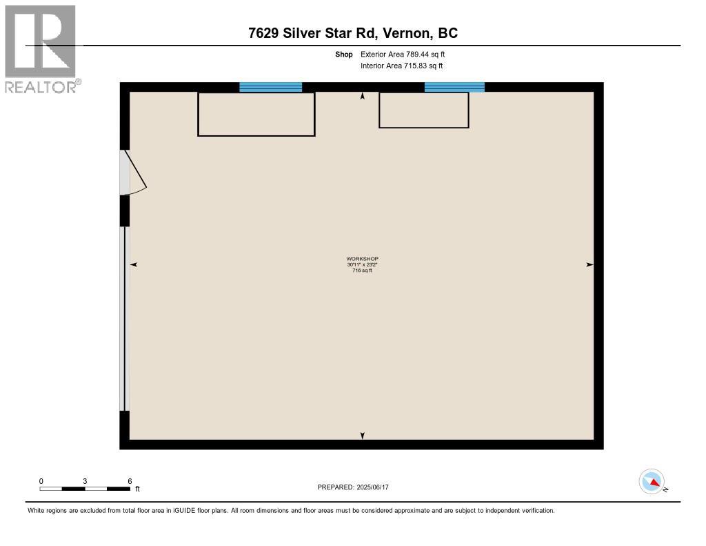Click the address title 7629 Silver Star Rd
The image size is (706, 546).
coord(314,33)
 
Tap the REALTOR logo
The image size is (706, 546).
coord(43,49)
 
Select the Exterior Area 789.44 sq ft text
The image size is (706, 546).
coord(403,54)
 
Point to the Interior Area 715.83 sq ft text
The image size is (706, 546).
coord(402,66)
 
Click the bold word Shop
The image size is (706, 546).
coord(343,54)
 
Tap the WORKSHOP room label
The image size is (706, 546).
coord(362,259)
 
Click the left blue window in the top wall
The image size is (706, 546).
coord(270,87)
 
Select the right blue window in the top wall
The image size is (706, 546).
coord(454,87)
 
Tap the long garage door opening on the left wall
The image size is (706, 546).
coord(125,318)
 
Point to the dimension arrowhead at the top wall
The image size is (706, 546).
coord(363,95)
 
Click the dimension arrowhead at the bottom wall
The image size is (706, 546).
coord(363,436)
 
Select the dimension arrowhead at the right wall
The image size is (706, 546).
coord(590,264)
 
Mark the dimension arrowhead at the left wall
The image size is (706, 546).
coord(133,264)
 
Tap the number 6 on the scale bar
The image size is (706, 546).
coord(130,481)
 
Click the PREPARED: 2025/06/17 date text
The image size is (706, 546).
coord(353,487)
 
